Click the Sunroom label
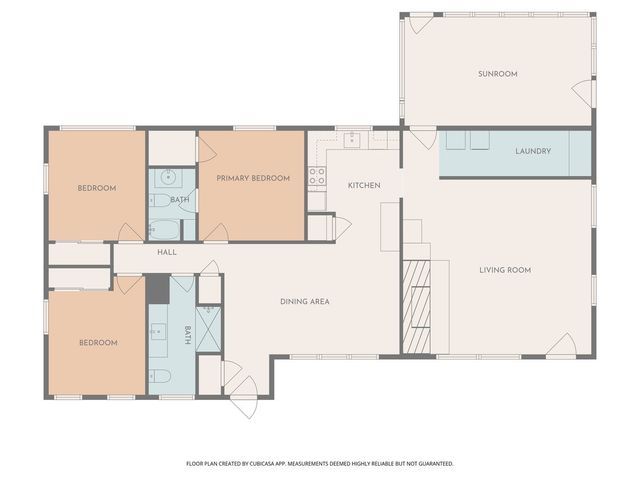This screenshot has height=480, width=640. pos(498,74)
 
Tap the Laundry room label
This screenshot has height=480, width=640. pos(533,151)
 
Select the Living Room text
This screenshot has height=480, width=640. pos(505,270)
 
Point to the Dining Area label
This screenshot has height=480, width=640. pos(305,302)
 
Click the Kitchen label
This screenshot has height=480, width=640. pos(364,185)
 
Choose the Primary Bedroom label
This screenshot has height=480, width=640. pos(253,178)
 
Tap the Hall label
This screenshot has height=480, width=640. pos(167,252)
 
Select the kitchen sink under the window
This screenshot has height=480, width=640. pos(352,139)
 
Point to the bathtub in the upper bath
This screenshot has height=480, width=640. pos(164,230)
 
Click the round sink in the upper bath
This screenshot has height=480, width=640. pos(168,178)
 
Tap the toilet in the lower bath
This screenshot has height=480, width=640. pos(159,376)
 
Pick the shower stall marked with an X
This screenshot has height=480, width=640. pos(209,329)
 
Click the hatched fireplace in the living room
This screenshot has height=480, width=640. pos(416,307)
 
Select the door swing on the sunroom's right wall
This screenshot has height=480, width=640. pos(581,93)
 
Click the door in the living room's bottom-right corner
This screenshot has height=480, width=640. pos(561,344)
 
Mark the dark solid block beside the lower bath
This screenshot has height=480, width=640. pos(158,289)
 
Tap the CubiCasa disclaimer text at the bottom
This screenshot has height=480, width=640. pos(320,464)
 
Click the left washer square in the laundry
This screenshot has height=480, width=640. pos(456,140)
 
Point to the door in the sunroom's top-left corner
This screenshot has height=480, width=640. pos(421,24)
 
